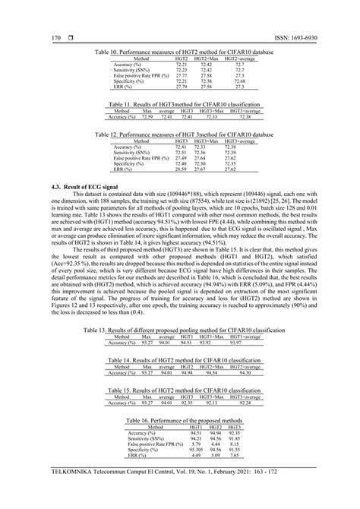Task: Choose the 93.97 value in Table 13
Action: coord(245,364)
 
